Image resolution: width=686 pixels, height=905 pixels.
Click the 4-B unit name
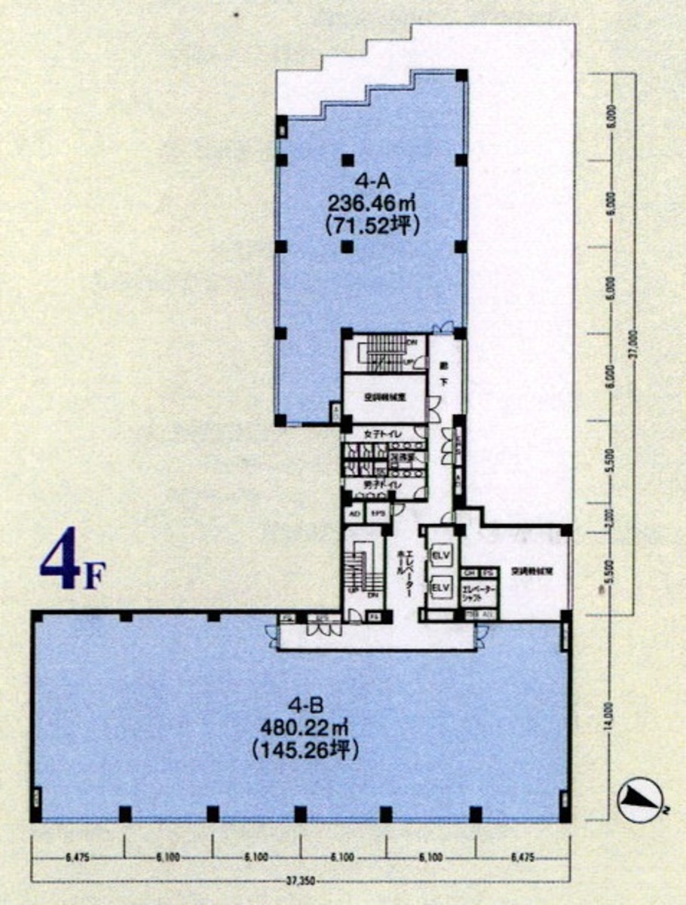[306, 707]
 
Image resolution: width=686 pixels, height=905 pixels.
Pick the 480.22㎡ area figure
[306, 729]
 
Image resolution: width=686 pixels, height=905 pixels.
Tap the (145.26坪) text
[306, 750]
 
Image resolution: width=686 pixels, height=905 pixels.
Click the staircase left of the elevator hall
[360, 569]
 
